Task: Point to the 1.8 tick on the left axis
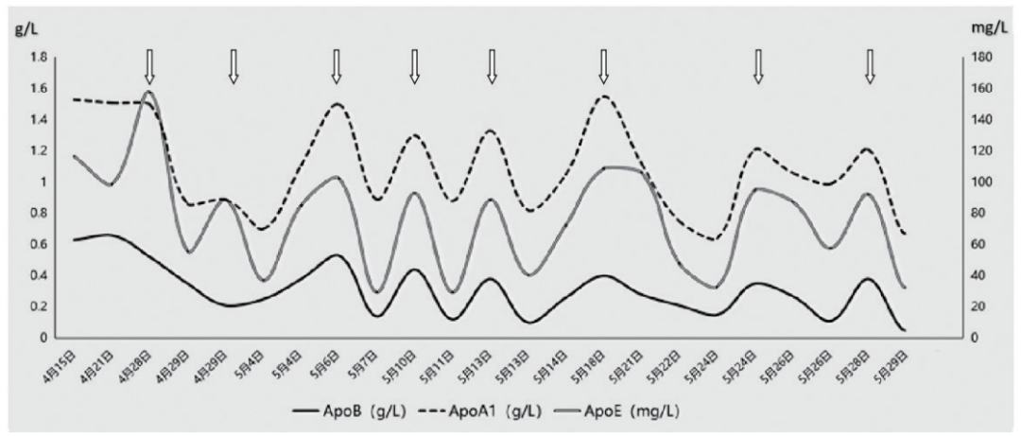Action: point(39,57)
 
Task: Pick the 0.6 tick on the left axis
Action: point(39,244)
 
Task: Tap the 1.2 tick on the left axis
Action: point(39,150)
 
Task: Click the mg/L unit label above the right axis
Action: point(986,27)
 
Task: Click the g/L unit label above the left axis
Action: point(24,27)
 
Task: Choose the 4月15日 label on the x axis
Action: point(59,365)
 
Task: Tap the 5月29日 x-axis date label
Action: point(891,365)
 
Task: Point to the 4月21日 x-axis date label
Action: point(96,365)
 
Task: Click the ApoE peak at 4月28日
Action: point(149,93)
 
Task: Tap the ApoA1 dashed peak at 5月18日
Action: point(604,96)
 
